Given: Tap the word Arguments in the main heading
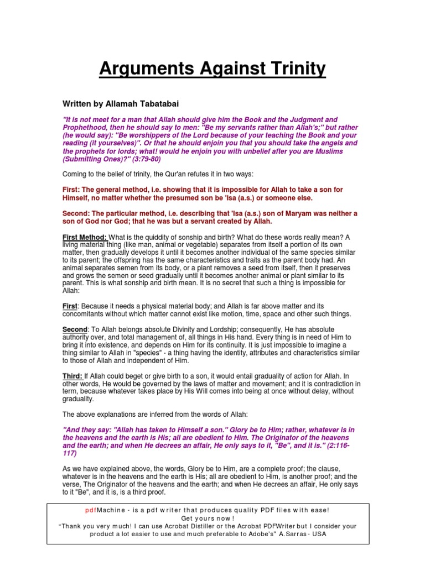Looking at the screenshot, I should coord(146,70).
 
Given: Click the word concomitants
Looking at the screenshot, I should coord(87,314).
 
